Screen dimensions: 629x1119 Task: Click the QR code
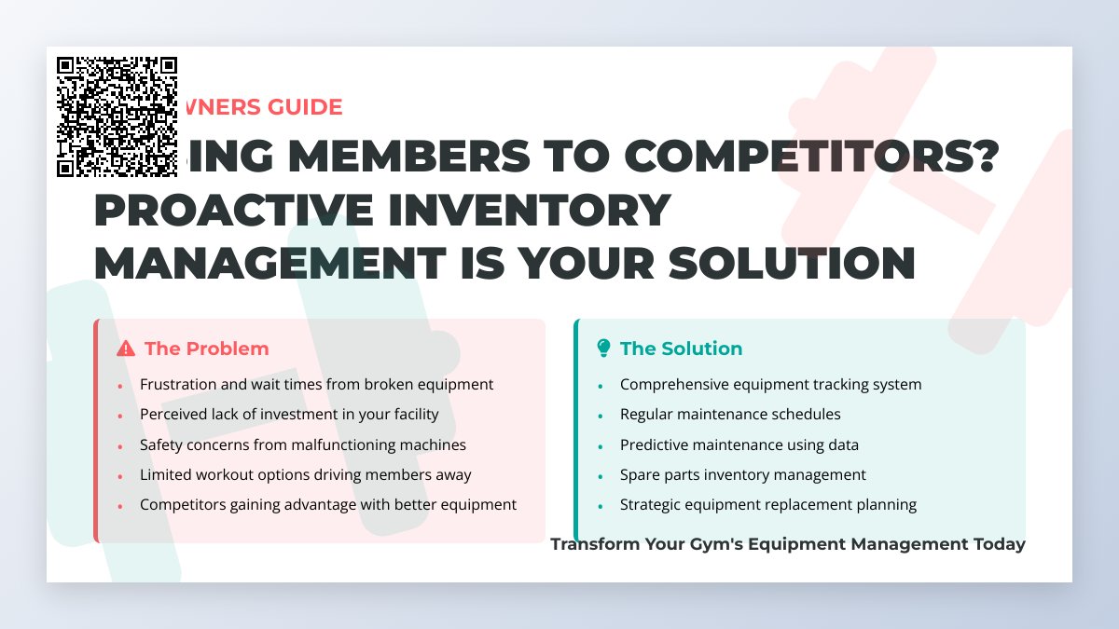[x=117, y=116]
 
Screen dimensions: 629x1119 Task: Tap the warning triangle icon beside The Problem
[x=126, y=349]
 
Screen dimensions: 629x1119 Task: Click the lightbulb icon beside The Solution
[x=603, y=349]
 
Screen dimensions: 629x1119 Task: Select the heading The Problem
[x=206, y=349]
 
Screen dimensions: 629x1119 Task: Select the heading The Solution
[x=681, y=349]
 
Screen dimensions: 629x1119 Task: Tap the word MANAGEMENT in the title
[x=270, y=264]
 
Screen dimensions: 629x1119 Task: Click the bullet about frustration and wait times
[x=316, y=384]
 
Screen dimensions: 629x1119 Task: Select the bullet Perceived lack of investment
[x=289, y=414]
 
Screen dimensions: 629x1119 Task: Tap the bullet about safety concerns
[x=302, y=444]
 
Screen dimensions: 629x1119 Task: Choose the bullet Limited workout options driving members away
[x=305, y=474]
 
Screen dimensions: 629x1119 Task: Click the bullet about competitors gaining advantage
[x=327, y=504]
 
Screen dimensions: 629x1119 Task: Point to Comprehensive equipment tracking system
[x=770, y=384]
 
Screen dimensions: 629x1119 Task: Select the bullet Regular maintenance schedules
[x=730, y=414]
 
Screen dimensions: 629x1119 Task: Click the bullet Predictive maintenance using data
[x=739, y=444]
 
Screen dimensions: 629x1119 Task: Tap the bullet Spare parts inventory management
[x=742, y=474]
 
